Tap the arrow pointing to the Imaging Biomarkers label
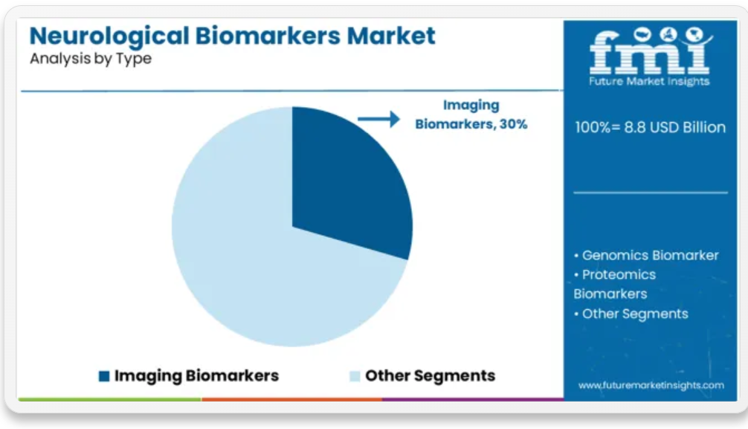point(378,119)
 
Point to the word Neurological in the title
point(109,36)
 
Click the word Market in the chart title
point(390,36)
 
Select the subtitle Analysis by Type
point(91,59)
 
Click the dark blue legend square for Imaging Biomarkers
point(104,376)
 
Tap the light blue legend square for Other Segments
point(355,376)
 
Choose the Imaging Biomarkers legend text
point(196,375)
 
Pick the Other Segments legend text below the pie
point(431,375)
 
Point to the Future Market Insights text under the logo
point(649,81)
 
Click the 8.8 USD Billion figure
point(674,127)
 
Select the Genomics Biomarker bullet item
point(646,255)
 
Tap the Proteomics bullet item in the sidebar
point(615,284)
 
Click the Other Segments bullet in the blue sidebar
point(631,314)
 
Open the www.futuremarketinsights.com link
point(651,385)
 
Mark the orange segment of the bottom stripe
point(292,399)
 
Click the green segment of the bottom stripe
point(110,399)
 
